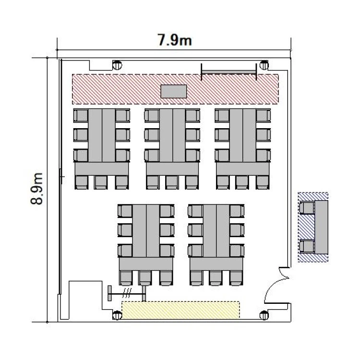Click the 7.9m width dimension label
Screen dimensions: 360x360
175,40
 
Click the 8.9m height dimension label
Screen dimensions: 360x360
37,189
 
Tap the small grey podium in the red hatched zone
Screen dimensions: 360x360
174,91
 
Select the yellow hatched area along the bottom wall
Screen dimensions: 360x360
180,310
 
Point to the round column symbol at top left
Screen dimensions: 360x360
117,65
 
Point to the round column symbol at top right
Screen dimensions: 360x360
264,65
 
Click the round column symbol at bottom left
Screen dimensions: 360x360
117,315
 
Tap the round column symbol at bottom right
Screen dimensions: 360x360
264,315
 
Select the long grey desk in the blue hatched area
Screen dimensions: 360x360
321,227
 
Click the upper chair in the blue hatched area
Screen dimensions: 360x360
307,208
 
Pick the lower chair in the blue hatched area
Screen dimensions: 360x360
307,246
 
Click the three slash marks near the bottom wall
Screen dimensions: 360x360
127,292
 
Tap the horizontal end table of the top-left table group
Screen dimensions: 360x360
102,169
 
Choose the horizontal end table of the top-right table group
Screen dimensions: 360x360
243,169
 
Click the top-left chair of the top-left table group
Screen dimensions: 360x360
81,116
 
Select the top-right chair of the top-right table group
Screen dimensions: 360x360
264,116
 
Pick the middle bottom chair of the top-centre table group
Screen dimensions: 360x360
172,182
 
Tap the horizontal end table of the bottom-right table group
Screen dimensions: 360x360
216,264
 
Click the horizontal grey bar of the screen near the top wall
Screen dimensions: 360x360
228,72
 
